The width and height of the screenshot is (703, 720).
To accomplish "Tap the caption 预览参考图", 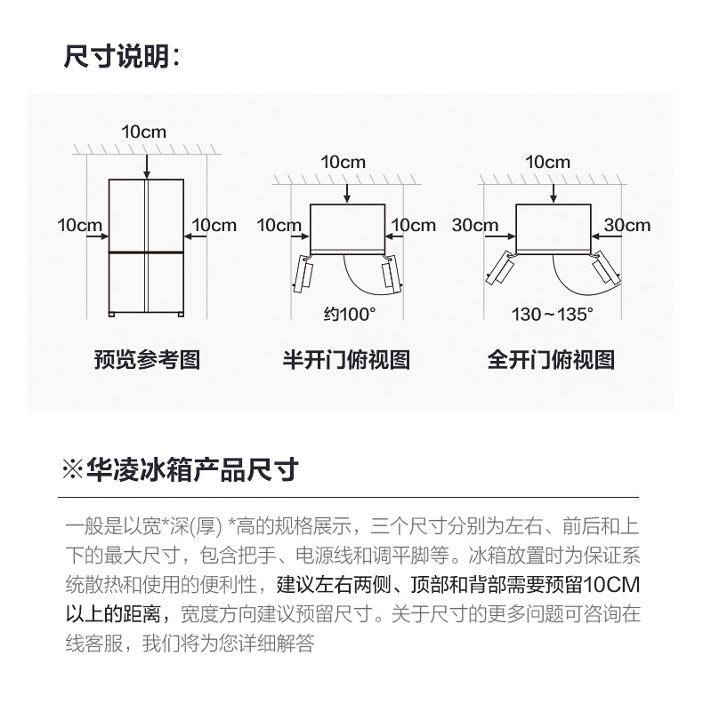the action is coord(147,359).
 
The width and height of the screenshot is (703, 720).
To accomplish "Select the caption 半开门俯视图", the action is coord(346,359).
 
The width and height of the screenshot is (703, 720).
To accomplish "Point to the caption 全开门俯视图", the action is coord(551,359).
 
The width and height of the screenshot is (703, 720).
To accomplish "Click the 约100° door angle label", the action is coord(350,315).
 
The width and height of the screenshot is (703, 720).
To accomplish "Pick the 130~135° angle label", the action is coord(553,315).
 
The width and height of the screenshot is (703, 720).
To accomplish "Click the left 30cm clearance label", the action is coord(475,225).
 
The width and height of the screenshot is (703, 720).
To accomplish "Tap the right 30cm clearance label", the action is coord(627,225).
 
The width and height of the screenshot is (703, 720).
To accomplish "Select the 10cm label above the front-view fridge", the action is coord(143,132).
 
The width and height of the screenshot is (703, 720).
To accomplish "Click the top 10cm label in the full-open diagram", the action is coord(547,162).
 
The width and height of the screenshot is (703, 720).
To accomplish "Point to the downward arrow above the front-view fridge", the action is coord(147,167).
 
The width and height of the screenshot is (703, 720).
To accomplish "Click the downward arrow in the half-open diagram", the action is coord(347,193).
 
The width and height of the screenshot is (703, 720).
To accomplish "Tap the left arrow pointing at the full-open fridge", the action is coord(500,236).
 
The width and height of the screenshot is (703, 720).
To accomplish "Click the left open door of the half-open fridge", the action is coord(303,274).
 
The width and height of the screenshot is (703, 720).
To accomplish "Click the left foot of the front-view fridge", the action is coord(112,315).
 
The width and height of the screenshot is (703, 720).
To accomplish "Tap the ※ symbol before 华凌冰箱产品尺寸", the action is coord(73,469).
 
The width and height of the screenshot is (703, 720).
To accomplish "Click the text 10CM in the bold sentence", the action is coord(612,585).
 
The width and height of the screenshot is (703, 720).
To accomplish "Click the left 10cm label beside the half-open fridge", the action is coord(279,225).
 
